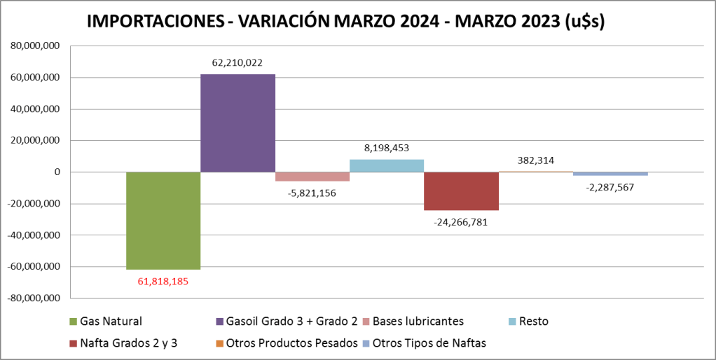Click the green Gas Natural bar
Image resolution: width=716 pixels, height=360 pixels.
pos(163,221)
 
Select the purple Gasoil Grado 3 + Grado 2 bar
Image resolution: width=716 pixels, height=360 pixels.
pos(237,123)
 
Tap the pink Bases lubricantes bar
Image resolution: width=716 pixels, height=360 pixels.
pos(312,176)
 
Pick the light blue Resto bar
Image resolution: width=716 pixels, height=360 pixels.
pos(387,166)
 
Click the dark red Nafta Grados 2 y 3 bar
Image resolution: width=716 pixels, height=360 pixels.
pos(461,191)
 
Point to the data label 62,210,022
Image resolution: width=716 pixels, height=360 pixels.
pos(237,63)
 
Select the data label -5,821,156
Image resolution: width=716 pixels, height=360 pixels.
pos(312,193)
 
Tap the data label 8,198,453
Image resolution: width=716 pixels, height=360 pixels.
pos(387,148)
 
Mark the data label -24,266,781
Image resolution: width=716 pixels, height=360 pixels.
pos(461,222)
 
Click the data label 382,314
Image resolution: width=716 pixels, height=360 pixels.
pos(536,160)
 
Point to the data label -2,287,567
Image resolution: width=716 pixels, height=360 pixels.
pos(610,187)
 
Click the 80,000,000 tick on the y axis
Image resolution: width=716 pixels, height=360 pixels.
pos(35,46)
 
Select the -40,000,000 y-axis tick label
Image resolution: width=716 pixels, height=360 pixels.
pos(34,235)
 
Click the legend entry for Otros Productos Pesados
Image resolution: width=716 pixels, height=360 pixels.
pos(302,343)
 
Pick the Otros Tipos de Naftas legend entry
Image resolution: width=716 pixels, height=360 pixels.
pos(429,343)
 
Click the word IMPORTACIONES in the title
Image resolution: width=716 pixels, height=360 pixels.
pos(153,22)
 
